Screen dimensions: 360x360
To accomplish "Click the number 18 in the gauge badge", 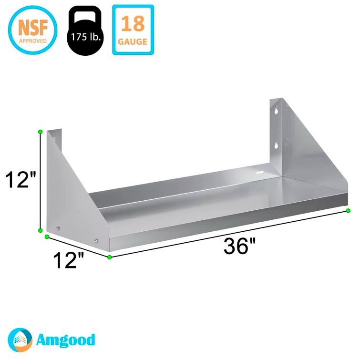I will coord(133,23).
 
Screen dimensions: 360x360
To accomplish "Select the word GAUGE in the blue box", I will coord(133,41).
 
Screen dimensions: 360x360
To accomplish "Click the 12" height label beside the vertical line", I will coord(20,181).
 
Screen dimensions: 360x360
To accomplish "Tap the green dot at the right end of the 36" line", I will coord(349,210).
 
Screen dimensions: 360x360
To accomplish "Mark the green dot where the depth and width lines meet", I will coord(110,257).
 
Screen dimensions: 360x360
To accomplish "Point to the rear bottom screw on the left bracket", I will coord(58,228).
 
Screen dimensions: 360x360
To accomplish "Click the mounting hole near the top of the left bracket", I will coord(54,139).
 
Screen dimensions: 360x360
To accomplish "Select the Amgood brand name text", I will coord(65,340).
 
